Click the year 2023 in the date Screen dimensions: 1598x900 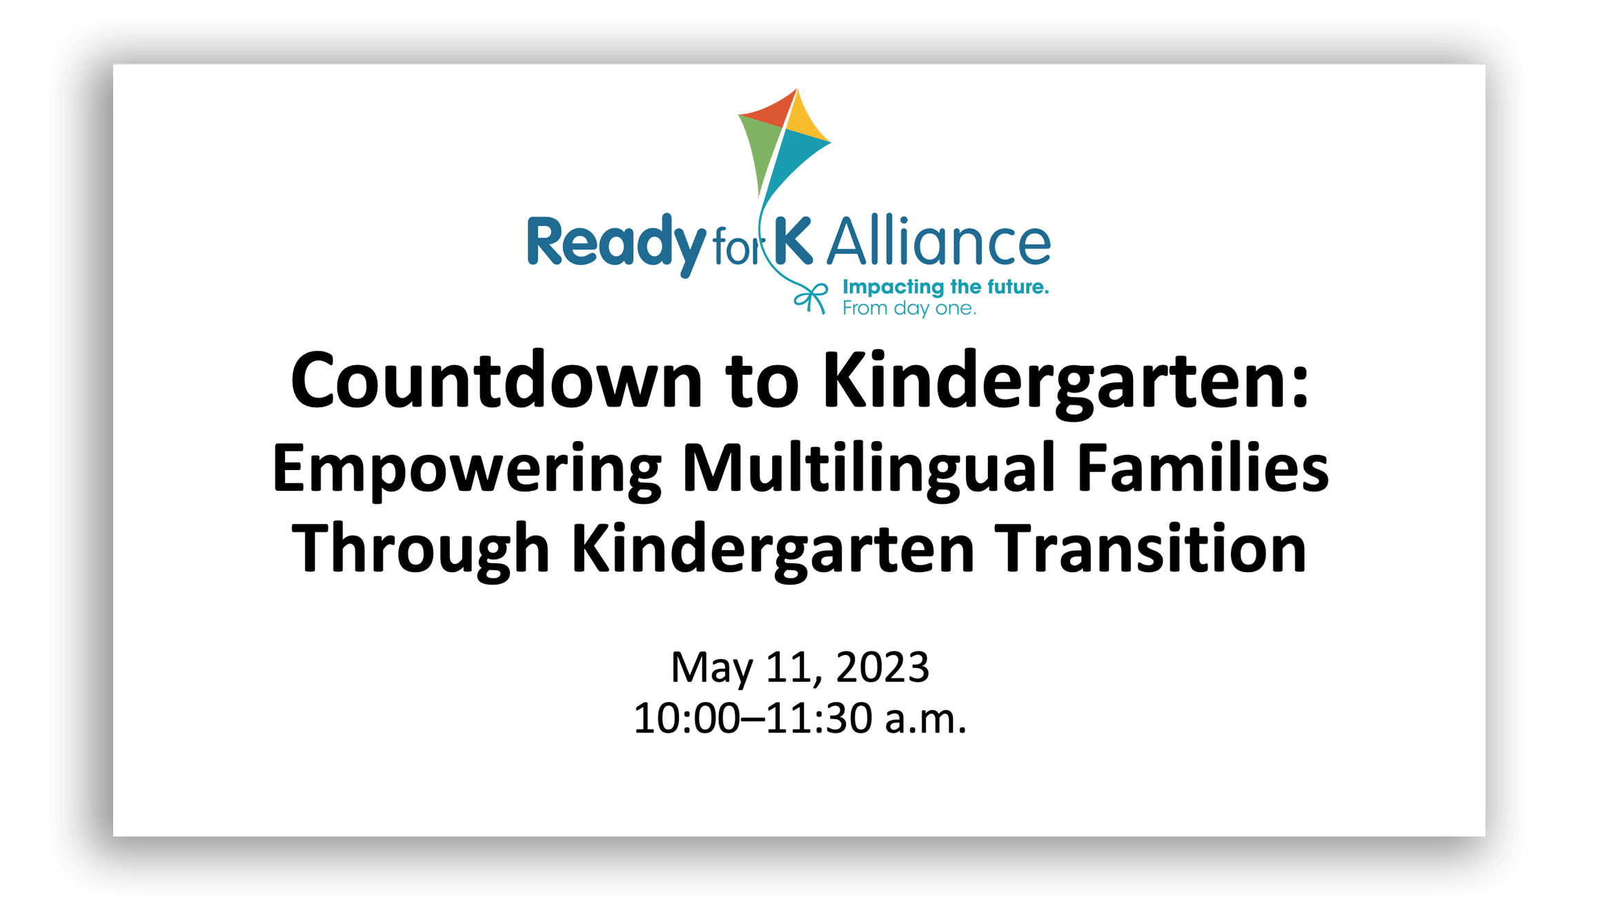pyautogui.click(x=882, y=667)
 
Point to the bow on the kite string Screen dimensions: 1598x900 pyautogui.click(x=811, y=298)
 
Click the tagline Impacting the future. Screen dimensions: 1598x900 pyautogui.click(x=945, y=288)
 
